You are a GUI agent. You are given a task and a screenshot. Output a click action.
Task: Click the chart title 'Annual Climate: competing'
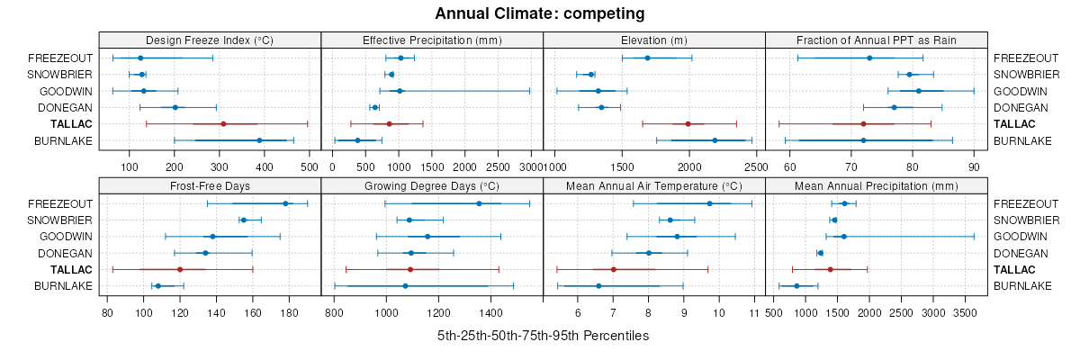[x=540, y=13]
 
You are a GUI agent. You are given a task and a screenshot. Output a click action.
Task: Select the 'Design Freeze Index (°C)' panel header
[x=210, y=40]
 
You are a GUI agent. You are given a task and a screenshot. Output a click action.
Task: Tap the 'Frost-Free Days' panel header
[x=210, y=185]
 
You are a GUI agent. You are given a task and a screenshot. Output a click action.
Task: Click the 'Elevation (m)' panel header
[x=654, y=40]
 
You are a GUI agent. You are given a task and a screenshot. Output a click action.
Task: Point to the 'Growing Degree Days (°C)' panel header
[x=432, y=185]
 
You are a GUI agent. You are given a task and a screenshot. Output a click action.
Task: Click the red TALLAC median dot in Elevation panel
[x=688, y=123]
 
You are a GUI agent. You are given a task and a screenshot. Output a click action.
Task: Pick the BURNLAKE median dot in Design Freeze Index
[x=259, y=140]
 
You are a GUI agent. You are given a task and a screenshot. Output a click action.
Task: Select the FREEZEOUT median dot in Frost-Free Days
[x=285, y=203]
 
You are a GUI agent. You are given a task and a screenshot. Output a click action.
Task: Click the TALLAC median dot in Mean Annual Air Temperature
[x=613, y=269]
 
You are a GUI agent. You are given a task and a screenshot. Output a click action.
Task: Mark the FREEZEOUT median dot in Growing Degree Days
[x=479, y=203]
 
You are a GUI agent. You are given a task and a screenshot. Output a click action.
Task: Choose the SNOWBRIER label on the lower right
[x=1022, y=220]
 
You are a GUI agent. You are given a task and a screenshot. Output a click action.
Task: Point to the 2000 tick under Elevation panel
[x=689, y=166]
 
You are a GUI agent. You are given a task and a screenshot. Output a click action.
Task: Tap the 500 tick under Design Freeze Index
[x=309, y=166]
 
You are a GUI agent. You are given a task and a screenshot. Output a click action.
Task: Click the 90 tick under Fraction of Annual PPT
[x=974, y=166]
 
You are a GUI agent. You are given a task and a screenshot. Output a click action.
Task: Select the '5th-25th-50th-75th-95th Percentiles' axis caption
[x=543, y=336]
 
